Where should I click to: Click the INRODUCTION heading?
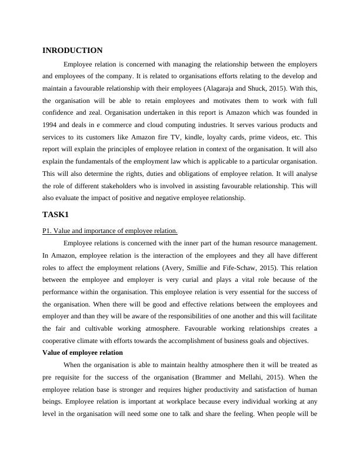click(x=73, y=51)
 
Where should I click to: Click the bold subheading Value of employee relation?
click(x=83, y=352)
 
